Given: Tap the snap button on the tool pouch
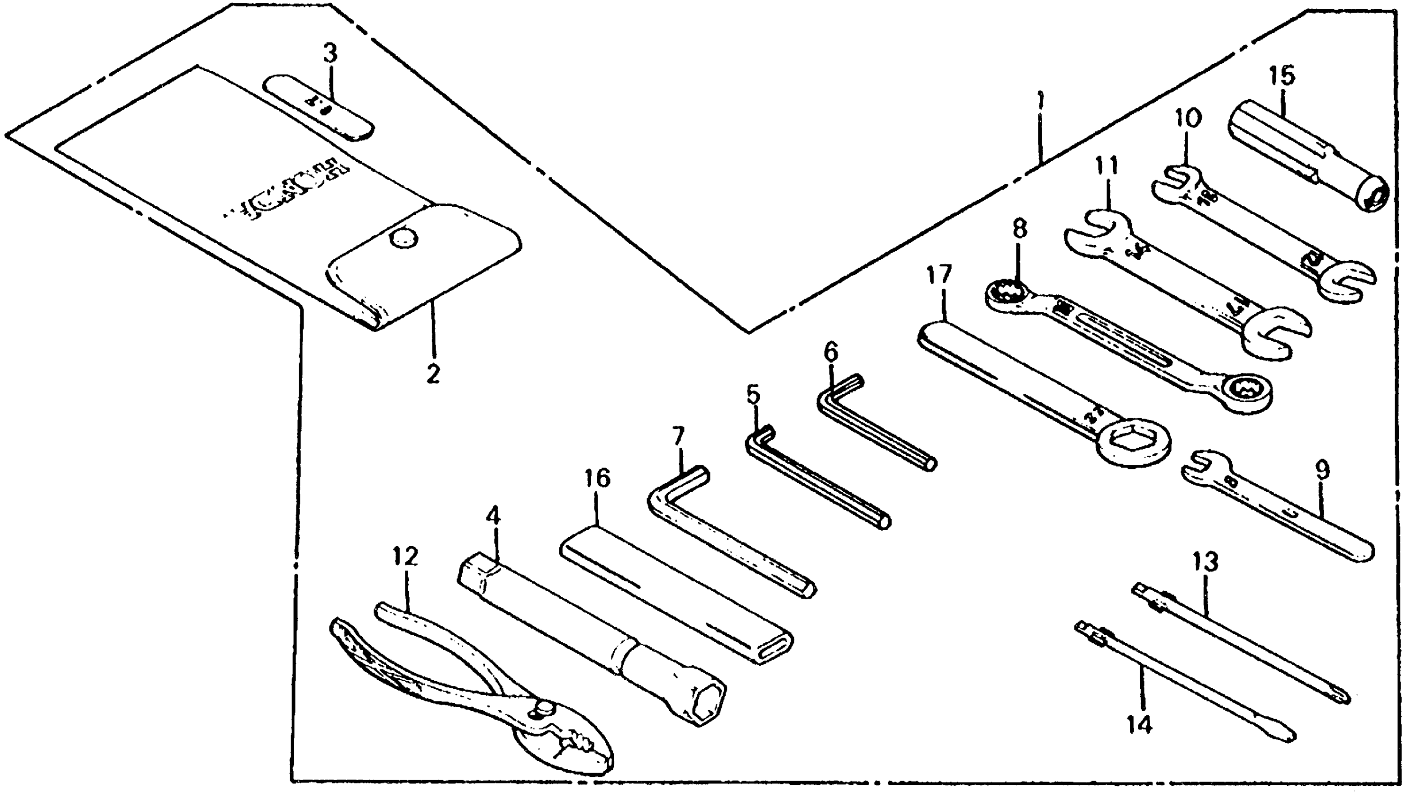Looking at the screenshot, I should (404, 238).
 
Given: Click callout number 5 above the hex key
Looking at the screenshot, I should (753, 394).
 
